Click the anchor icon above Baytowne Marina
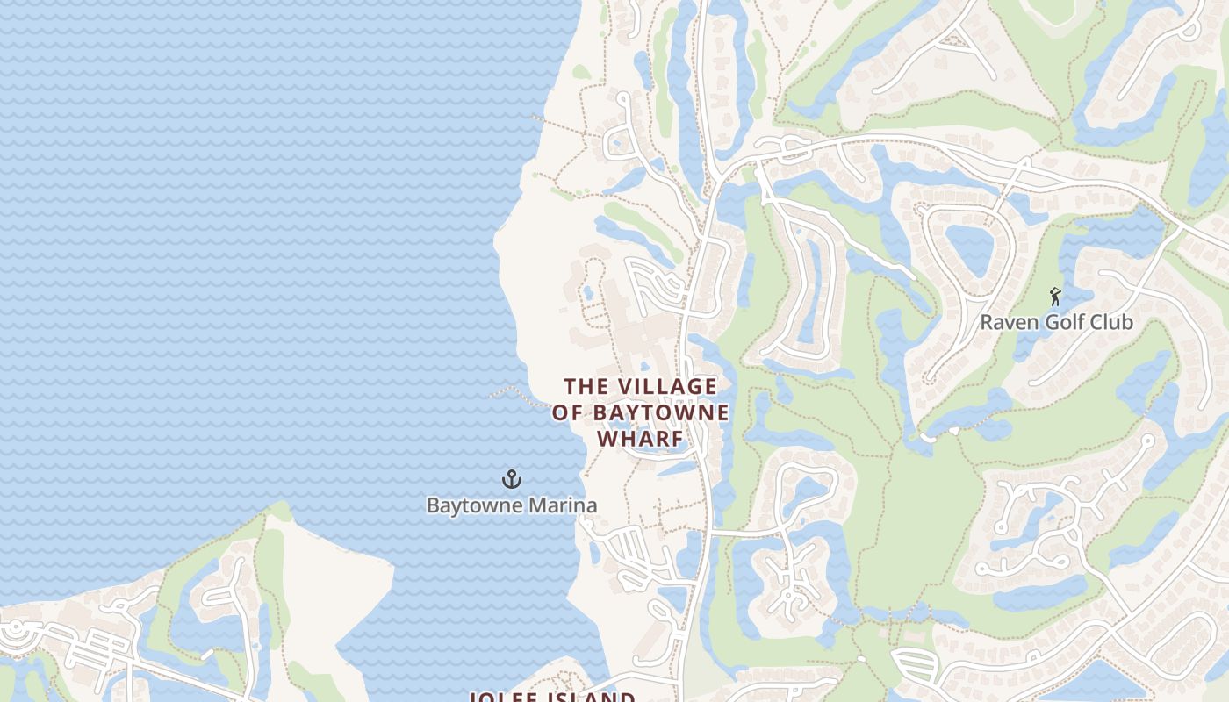(511, 479)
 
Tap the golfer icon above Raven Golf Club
(1055, 297)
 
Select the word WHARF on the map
(640, 437)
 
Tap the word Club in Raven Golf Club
(1112, 322)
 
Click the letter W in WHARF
(607, 437)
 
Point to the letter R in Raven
(987, 322)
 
